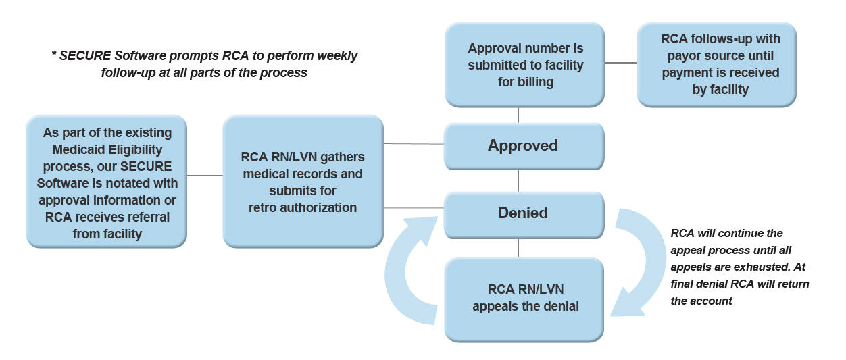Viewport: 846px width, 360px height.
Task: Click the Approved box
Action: [x=523, y=146]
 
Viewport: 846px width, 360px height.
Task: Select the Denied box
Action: [x=523, y=213]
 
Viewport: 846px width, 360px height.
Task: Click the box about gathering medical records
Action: [x=302, y=182]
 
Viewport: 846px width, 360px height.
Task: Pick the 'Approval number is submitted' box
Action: [x=525, y=66]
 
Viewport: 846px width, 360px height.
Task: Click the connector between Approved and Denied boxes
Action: [x=520, y=180]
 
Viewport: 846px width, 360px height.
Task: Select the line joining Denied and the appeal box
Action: [x=520, y=247]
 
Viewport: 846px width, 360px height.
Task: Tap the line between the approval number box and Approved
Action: [x=520, y=115]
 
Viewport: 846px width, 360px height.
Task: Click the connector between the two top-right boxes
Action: [x=620, y=63]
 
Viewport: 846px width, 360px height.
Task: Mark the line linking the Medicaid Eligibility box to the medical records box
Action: [x=204, y=175]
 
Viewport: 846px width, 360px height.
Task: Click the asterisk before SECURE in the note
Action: [x=53, y=55]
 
